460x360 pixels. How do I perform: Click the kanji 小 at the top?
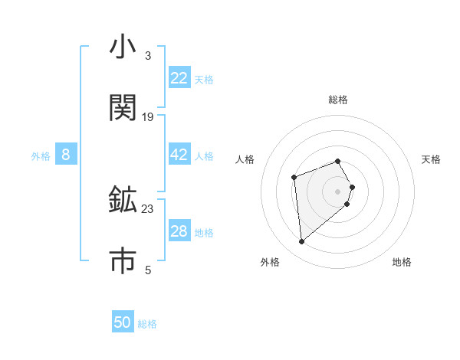(123, 47)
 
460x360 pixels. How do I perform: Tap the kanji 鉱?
(123, 200)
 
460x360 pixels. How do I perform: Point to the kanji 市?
(123, 260)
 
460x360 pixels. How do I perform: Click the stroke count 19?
(148, 117)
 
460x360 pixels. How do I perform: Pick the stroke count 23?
(148, 208)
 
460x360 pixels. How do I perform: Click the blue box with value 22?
(179, 78)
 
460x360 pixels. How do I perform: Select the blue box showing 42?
(179, 155)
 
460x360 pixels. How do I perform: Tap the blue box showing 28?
(179, 231)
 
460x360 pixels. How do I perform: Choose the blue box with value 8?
(66, 155)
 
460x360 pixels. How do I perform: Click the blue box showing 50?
(123, 322)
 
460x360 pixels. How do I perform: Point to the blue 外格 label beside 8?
(41, 156)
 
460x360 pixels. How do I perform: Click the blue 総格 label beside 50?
(147, 324)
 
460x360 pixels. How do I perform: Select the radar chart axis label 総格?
(338, 100)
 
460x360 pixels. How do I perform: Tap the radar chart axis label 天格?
(432, 159)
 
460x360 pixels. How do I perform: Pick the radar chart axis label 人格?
(245, 159)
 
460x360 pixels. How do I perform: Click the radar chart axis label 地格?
(402, 262)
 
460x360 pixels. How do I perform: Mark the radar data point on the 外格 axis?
(302, 242)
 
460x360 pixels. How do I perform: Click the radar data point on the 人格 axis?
(294, 178)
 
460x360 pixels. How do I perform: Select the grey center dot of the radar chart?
(338, 191)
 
